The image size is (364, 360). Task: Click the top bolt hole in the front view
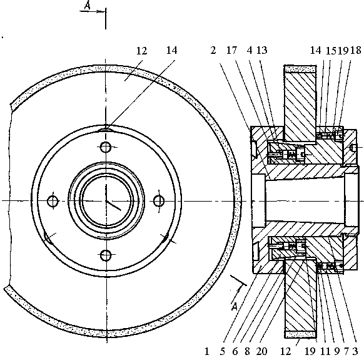click(x=106, y=147)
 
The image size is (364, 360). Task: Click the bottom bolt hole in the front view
click(x=106, y=255)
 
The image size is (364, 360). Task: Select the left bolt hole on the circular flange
click(x=53, y=201)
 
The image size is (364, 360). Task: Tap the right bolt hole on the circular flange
click(x=159, y=200)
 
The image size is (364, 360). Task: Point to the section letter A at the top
click(x=88, y=6)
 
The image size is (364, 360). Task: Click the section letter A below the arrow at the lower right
click(x=235, y=307)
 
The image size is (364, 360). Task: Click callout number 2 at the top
click(x=213, y=50)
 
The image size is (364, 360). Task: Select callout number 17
click(x=231, y=50)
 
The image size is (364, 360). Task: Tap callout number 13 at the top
click(x=261, y=50)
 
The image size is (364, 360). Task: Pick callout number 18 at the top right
click(x=356, y=50)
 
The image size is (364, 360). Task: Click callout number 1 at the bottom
click(x=207, y=351)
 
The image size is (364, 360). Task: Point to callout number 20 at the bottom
click(x=262, y=351)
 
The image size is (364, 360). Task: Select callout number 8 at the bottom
click(x=247, y=351)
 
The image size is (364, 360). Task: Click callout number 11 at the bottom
click(x=325, y=351)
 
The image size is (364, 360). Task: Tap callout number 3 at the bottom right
click(x=355, y=351)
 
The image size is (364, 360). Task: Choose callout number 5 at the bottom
click(x=223, y=351)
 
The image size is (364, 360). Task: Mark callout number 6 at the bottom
click(x=235, y=351)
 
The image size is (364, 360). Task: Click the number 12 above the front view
click(x=141, y=51)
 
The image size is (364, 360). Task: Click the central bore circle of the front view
click(x=106, y=200)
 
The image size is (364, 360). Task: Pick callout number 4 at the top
click(x=250, y=50)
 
